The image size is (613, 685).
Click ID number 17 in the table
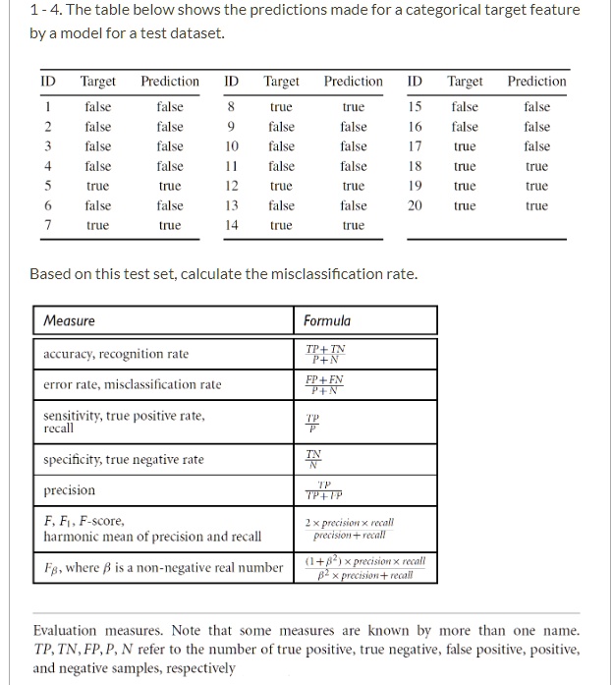[x=416, y=146]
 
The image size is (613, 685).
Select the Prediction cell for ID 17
[x=536, y=146]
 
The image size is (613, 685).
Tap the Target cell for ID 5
[x=97, y=186]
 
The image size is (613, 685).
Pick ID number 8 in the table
[x=230, y=107]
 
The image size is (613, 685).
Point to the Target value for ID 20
[x=465, y=205]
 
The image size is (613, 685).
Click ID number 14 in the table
[x=232, y=225]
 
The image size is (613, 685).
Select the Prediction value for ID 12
[x=353, y=186]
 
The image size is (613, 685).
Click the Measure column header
[x=70, y=320]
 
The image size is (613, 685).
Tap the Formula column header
[x=326, y=320]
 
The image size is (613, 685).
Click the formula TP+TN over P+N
[x=325, y=354]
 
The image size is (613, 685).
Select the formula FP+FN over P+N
[x=325, y=384]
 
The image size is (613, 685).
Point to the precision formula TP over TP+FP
[x=325, y=490]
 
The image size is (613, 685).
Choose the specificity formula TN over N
[x=313, y=458]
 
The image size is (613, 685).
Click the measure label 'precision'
[x=70, y=489]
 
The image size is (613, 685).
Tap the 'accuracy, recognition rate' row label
[x=116, y=354]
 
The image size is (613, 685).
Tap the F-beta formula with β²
[x=364, y=567]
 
